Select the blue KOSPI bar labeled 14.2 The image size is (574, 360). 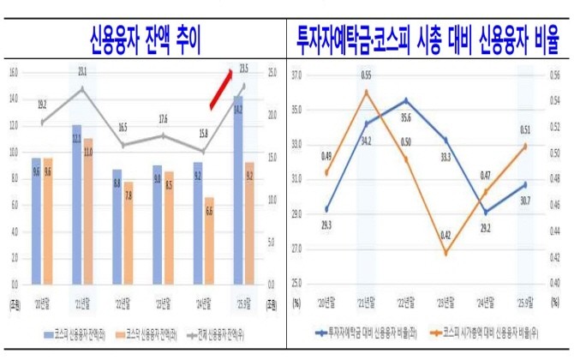coord(237,189)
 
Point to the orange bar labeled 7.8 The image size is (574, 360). coord(128,231)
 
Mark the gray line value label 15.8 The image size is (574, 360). coord(203,134)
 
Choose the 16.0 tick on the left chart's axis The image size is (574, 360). coord(13,72)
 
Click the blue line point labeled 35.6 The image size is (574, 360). coord(406,100)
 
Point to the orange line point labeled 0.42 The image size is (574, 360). coord(446,253)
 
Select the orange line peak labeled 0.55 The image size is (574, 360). coord(366,91)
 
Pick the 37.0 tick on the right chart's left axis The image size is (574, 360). coord(297,76)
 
